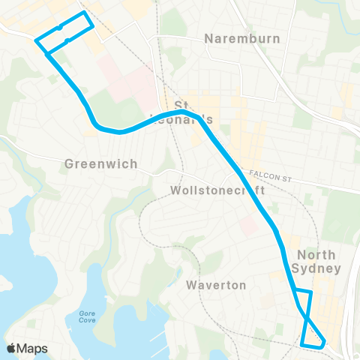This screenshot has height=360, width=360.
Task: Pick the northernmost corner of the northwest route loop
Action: click(x=84, y=13)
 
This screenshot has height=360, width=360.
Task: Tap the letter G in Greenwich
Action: click(x=70, y=163)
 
